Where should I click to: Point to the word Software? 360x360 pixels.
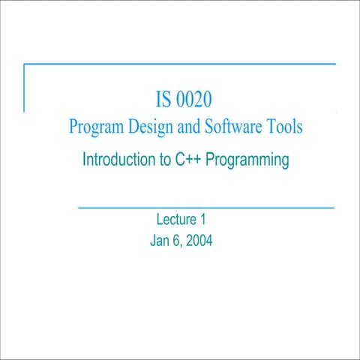tap(232, 127)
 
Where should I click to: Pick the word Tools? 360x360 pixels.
tap(284, 127)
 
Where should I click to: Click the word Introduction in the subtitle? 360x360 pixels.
tap(115, 160)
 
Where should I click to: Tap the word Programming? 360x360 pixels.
tap(247, 160)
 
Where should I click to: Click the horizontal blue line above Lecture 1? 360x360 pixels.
tap(205, 206)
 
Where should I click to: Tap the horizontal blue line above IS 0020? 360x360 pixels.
tap(180, 64)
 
